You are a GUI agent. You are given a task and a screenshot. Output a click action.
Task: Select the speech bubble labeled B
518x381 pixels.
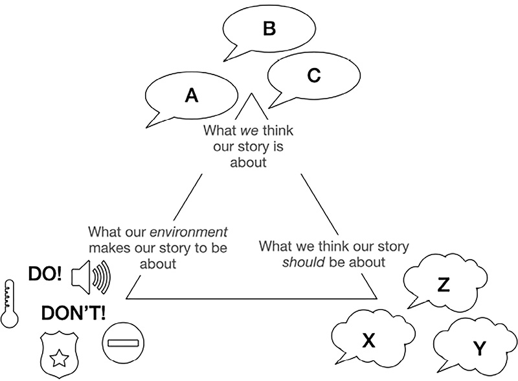click(x=269, y=29)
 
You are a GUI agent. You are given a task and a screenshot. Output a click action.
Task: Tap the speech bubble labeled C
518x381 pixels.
click(x=313, y=76)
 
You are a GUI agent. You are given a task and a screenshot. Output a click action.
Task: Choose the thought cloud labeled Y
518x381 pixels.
click(x=478, y=349)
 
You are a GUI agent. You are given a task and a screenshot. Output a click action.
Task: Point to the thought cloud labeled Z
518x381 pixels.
click(x=444, y=284)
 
